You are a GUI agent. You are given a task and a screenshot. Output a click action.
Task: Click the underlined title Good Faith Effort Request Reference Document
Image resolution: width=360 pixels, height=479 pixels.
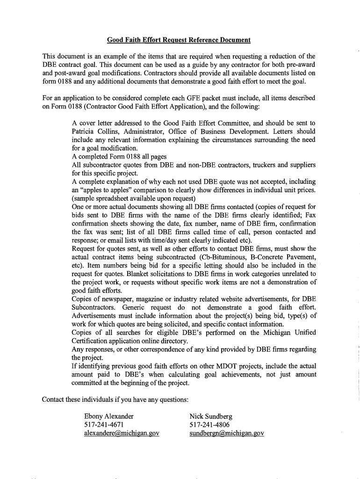coord(179,40)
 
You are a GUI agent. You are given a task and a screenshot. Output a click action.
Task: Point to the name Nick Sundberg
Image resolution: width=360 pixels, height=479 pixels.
coord(211,416)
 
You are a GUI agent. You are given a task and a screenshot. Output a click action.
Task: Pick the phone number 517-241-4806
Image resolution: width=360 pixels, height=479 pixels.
coord(209,424)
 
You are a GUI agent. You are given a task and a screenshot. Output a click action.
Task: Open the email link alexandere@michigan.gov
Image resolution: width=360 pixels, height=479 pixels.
coord(122,433)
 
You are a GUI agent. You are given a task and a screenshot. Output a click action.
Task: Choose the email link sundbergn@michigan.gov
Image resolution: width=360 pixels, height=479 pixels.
coord(227,433)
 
